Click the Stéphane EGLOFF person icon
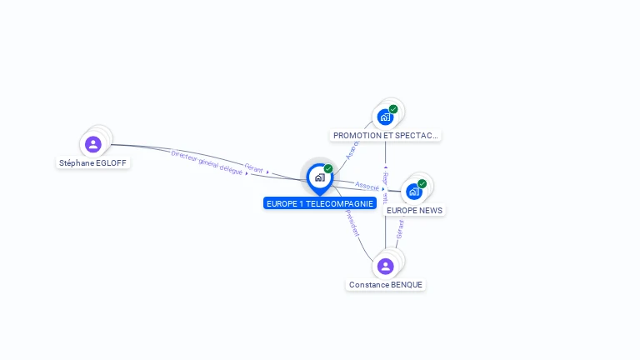click(93, 144)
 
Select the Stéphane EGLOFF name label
click(92, 163)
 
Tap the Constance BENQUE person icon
click(385, 266)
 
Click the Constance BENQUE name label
click(386, 285)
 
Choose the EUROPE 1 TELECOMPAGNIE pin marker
click(319, 177)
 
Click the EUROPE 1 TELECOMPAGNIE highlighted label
click(320, 203)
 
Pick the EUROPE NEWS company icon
click(413, 192)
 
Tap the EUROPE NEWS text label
click(414, 211)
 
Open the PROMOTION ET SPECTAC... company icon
click(385, 117)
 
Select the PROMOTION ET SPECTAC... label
click(385, 135)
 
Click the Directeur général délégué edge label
click(207, 162)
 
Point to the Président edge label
click(352, 222)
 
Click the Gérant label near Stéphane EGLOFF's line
click(254, 170)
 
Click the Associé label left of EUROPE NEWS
click(367, 186)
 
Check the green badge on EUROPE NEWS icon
click(422, 183)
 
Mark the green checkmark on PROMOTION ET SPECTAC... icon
click(393, 108)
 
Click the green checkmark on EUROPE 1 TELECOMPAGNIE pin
click(328, 168)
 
